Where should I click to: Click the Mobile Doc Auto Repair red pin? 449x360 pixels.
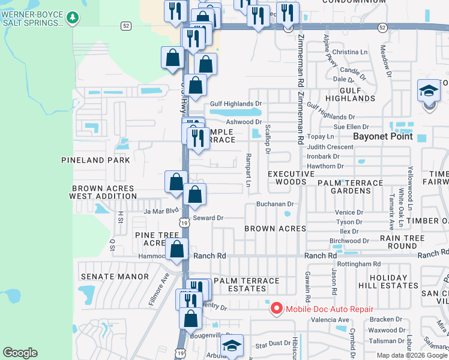pyautogui.click(x=277, y=309)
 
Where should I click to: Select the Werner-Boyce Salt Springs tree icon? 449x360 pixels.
pyautogui.click(x=73, y=18)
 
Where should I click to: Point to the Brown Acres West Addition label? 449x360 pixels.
pyautogui.click(x=101, y=192)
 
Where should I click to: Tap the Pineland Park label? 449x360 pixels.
pyautogui.click(x=95, y=160)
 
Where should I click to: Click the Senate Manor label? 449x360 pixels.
pyautogui.click(x=114, y=276)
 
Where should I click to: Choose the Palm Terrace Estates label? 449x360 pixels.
pyautogui.click(x=247, y=284)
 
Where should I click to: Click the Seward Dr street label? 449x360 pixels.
pyautogui.click(x=208, y=218)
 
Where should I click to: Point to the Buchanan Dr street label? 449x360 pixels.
pyautogui.click(x=274, y=204)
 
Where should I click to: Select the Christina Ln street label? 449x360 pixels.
pyautogui.click(x=350, y=52)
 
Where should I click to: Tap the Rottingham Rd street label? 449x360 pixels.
pyautogui.click(x=360, y=263)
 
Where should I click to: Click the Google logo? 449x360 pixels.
pyautogui.click(x=20, y=353)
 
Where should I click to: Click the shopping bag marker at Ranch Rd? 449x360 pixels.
pyautogui.click(x=177, y=250)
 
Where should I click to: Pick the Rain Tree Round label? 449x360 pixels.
pyautogui.click(x=394, y=242)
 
